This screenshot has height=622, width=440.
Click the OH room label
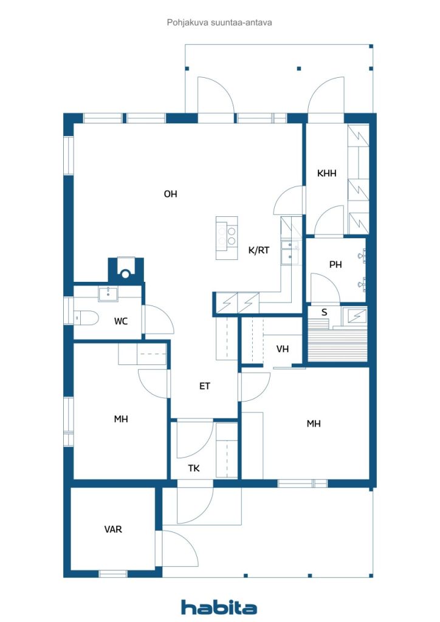pos(170,194)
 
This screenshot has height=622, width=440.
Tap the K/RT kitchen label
pos(259,250)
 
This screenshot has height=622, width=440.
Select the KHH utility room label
pos(326,173)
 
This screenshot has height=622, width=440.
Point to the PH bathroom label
pos(335,265)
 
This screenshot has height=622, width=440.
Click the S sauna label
pos(324,313)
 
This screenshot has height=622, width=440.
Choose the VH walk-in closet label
pos(283,349)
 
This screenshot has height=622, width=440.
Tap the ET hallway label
pos(204,386)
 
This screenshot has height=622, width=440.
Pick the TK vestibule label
pos(194,468)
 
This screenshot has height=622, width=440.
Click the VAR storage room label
pos(113,529)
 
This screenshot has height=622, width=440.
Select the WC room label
pos(120,321)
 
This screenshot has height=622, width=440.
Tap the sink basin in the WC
pos(108,294)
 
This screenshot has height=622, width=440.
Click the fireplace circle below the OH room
pos(126,274)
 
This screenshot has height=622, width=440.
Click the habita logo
pos(219,607)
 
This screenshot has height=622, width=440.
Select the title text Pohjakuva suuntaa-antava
pos(219,22)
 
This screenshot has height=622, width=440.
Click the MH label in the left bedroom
pos(120,419)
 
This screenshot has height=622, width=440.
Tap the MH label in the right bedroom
pos(314,423)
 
